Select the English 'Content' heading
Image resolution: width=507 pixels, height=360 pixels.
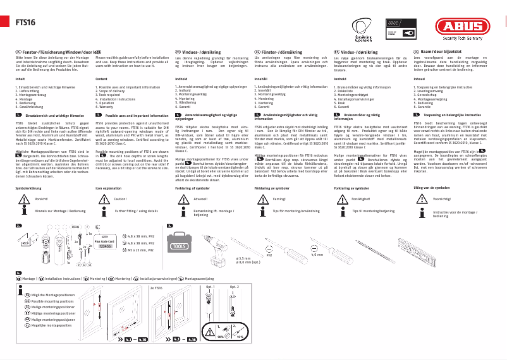pyautogui.click(x=101, y=78)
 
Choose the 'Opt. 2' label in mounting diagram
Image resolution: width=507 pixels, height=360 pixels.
pyautogui.click(x=234, y=287)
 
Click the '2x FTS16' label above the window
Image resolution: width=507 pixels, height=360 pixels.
pyautogui.click(x=156, y=287)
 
